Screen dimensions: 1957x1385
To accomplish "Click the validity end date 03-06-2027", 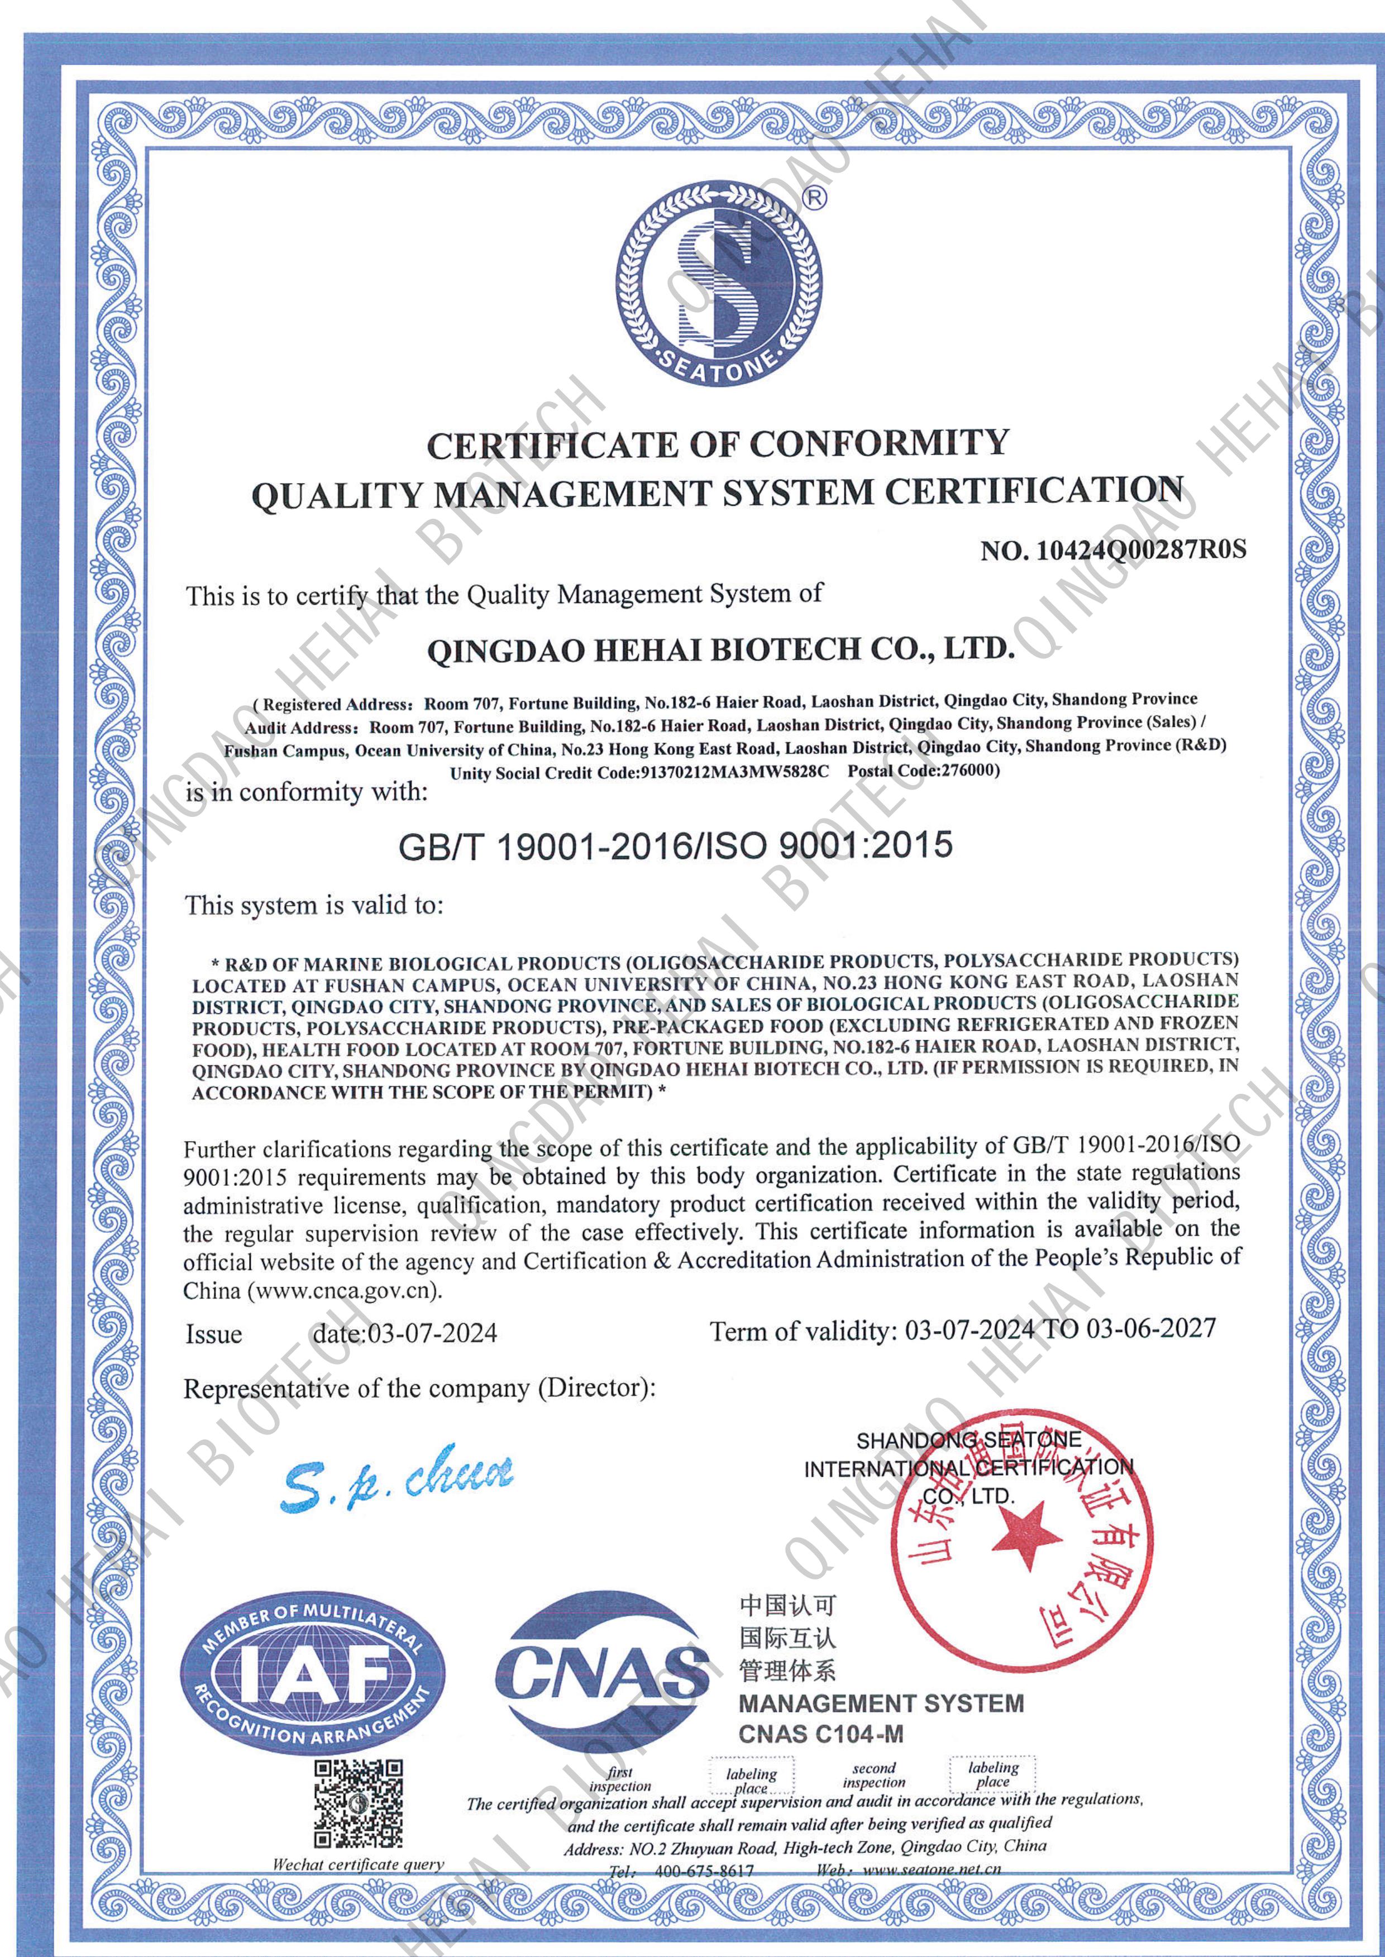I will click(1152, 1328).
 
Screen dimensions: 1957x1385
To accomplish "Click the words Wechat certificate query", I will click(358, 1864).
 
